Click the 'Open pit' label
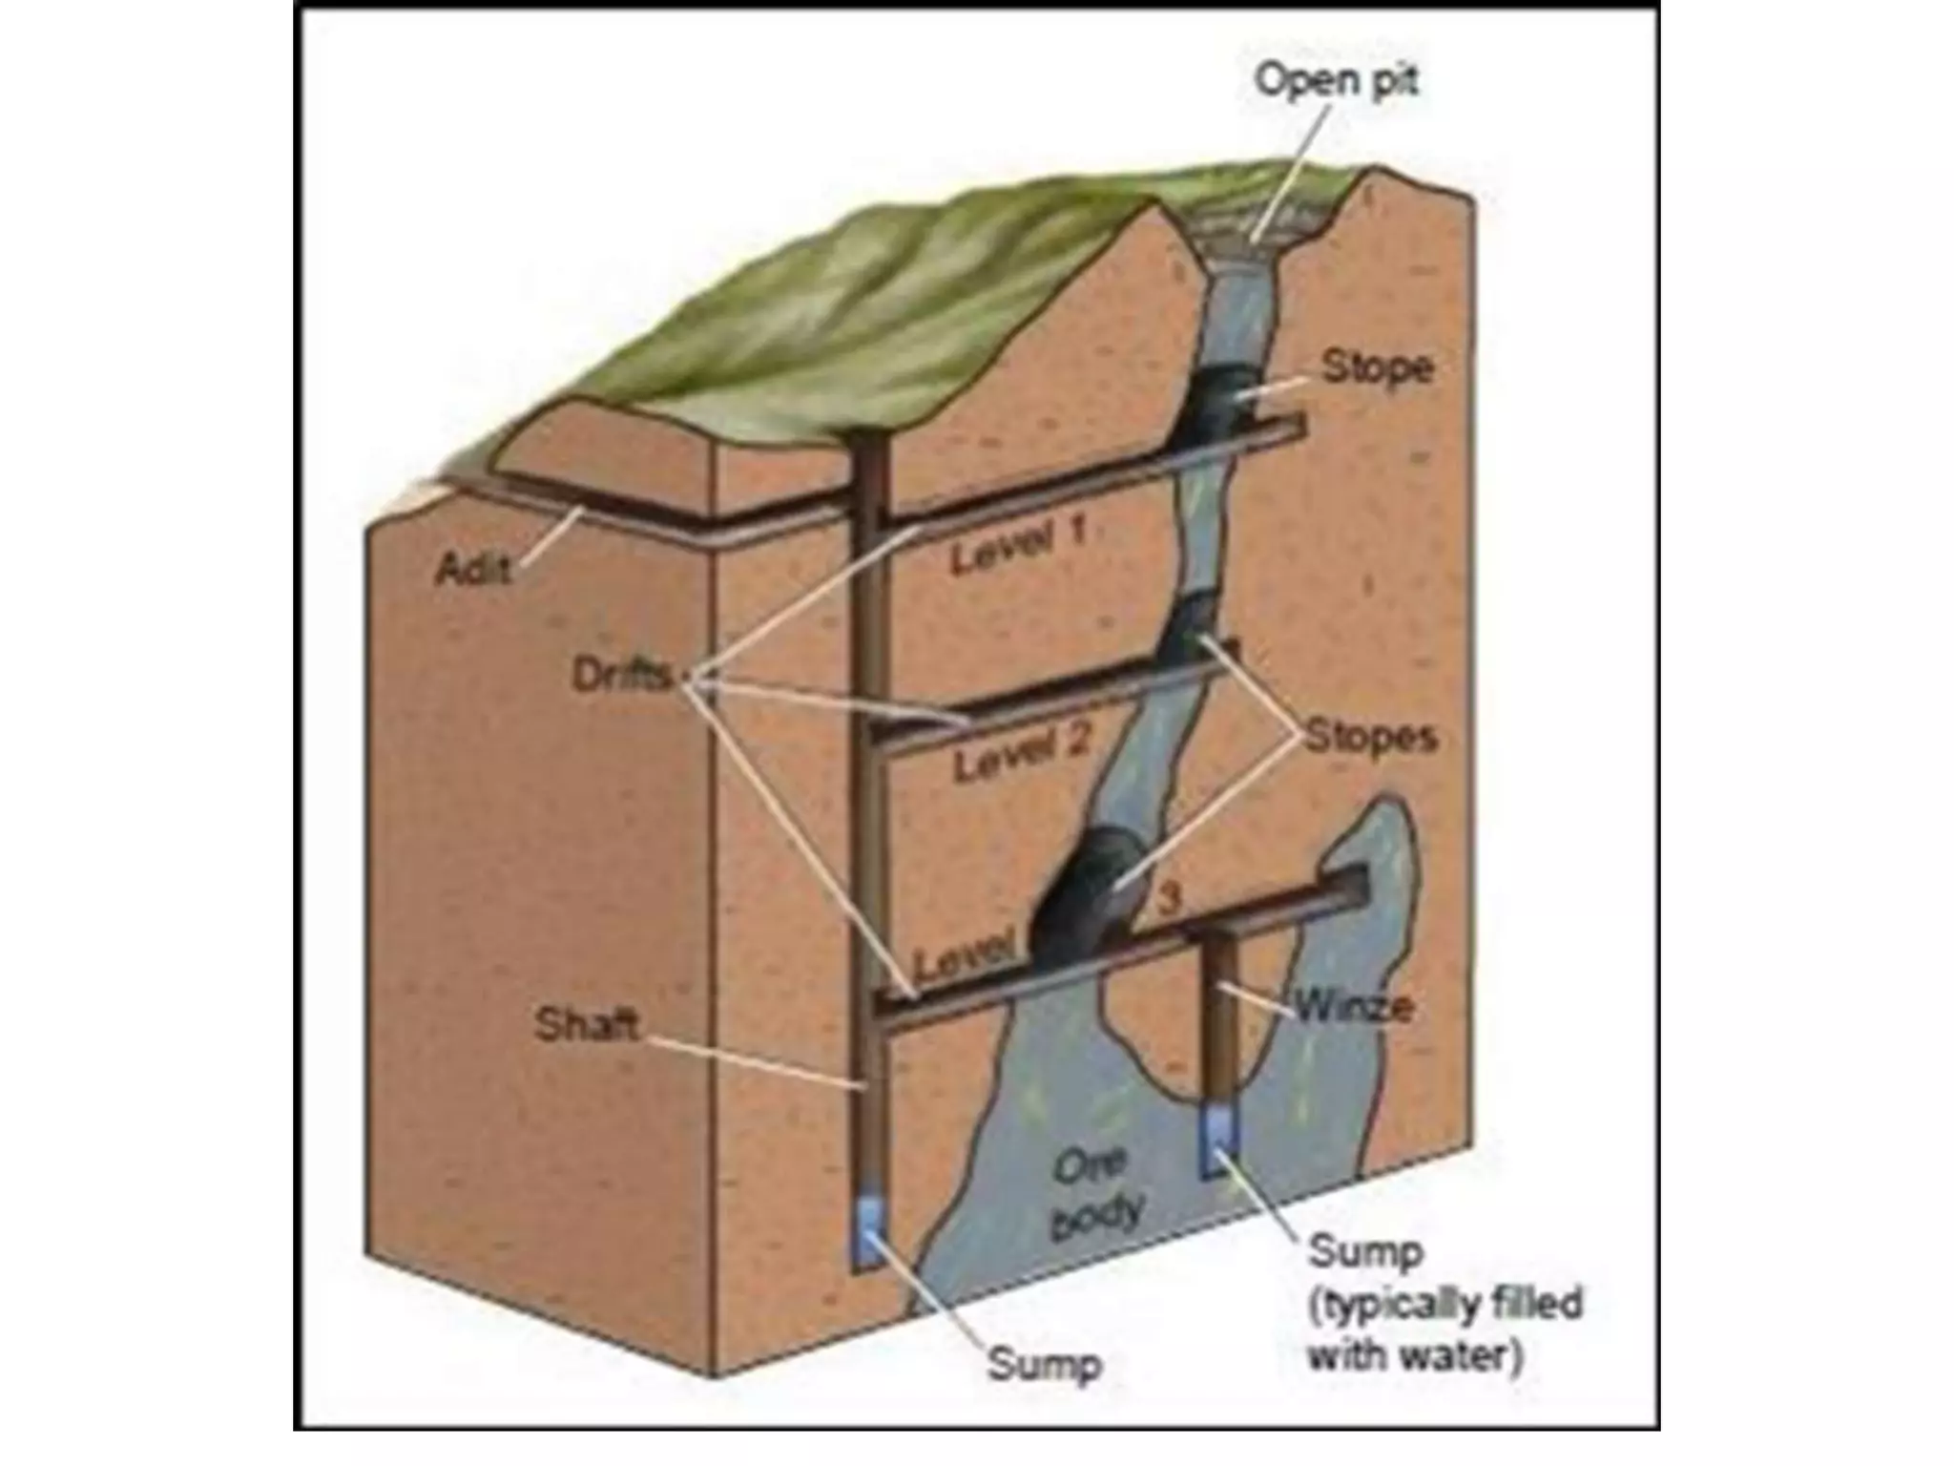[x=1336, y=79]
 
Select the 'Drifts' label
[x=621, y=675]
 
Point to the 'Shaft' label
[x=586, y=1025]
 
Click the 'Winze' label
[x=1353, y=1006]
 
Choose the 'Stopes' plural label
[x=1370, y=737]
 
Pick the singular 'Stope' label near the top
[x=1377, y=367]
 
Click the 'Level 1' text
[x=1017, y=545]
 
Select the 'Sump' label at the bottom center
[x=1044, y=1364]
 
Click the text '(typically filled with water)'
[x=1444, y=1330]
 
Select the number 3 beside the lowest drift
[x=1169, y=897]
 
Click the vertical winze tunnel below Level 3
[x=1219, y=1021]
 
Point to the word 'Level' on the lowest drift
[x=963, y=958]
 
